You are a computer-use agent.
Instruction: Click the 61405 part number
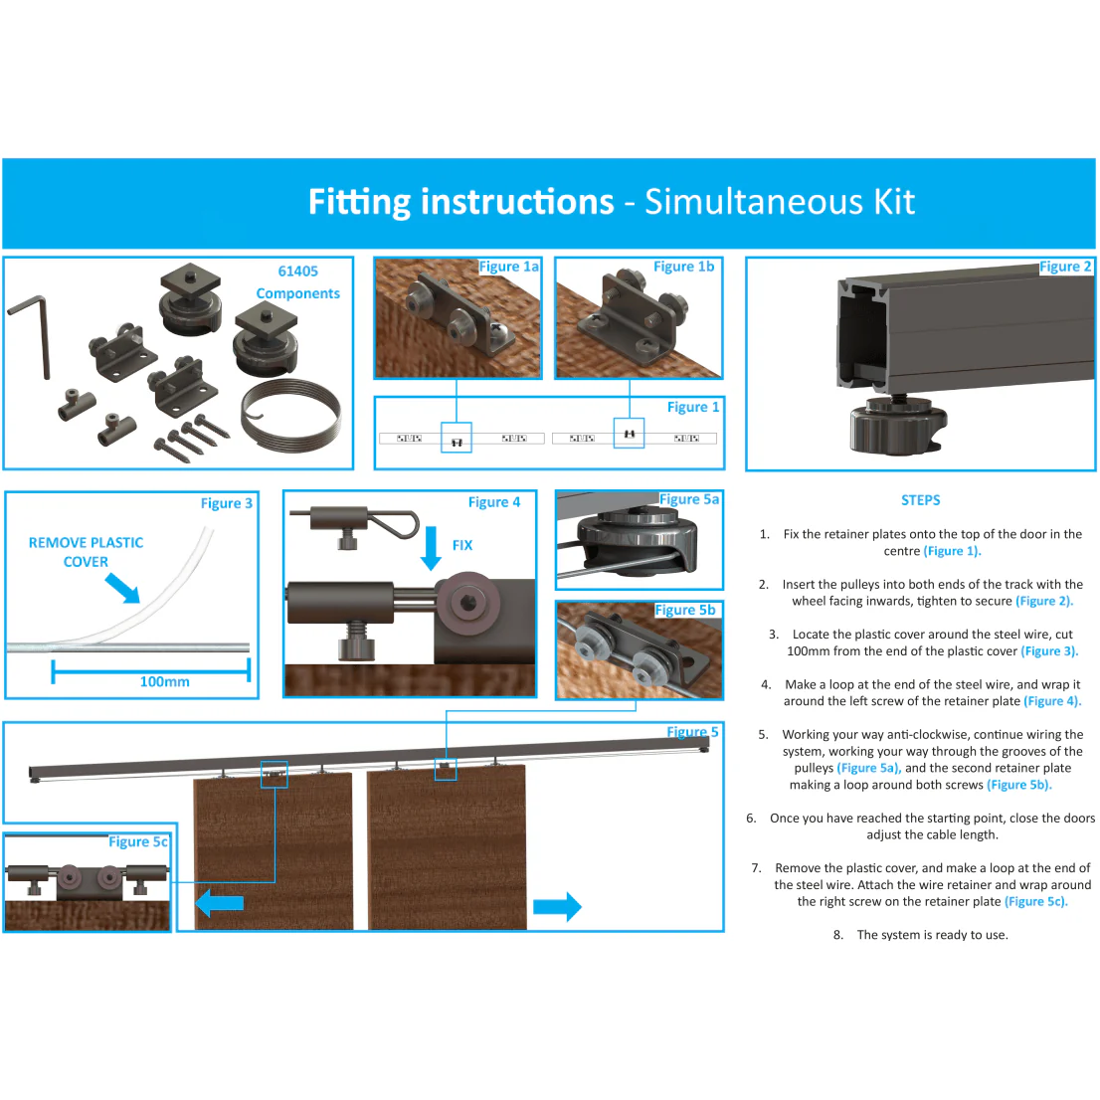tap(298, 272)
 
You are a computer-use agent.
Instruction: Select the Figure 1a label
tap(509, 267)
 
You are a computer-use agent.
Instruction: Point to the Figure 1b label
tap(684, 267)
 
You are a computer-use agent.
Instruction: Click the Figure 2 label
tap(1065, 267)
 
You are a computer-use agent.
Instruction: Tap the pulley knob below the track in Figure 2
tap(898, 423)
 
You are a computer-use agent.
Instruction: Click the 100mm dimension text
tap(165, 682)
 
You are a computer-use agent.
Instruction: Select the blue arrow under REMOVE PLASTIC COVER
tap(122, 588)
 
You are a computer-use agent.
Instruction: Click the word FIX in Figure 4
tap(462, 545)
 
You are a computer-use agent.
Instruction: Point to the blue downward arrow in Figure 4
tap(431, 548)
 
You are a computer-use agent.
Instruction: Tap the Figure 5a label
tap(689, 499)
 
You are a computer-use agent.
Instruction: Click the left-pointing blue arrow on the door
tap(220, 903)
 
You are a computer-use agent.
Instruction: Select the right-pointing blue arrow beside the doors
tap(558, 907)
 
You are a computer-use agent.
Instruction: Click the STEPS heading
tap(920, 500)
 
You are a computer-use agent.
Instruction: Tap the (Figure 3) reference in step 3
tap(1049, 651)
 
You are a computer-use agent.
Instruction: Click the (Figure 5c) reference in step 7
tap(1036, 902)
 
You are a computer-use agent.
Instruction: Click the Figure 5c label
tap(138, 841)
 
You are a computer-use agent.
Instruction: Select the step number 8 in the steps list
tap(837, 935)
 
